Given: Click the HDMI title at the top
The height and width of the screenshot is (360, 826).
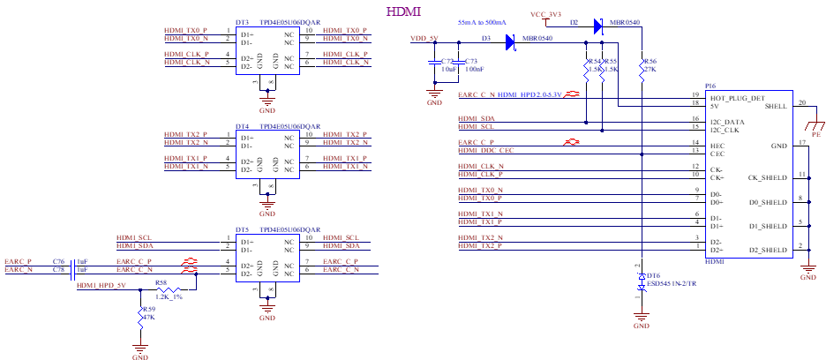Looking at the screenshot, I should coord(403,11).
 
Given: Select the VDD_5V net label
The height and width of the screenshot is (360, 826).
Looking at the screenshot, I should coord(424,39).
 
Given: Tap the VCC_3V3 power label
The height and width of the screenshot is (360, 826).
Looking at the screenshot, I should coord(546,15).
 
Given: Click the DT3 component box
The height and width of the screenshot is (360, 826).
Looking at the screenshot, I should coord(268,51).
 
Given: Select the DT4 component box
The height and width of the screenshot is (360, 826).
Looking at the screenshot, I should coord(268,154).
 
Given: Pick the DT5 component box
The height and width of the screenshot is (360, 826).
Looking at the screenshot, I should coord(268,258).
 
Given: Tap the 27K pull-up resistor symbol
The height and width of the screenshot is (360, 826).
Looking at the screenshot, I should coord(642,71).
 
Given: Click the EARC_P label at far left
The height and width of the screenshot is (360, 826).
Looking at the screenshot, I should coord(19,262).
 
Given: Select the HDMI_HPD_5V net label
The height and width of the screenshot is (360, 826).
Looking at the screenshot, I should coord(101,286).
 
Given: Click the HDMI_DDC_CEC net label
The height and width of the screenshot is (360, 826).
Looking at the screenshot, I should coord(486,151).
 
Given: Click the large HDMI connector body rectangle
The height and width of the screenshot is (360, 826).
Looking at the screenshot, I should coord(749,174).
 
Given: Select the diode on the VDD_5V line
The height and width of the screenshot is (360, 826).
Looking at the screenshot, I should coord(511,41).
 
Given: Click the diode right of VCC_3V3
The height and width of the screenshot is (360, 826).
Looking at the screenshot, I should coord(598,26).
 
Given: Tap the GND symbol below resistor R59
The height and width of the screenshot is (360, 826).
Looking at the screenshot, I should coord(139,350).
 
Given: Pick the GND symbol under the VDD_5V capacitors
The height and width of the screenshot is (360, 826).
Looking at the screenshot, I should coord(435,94).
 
